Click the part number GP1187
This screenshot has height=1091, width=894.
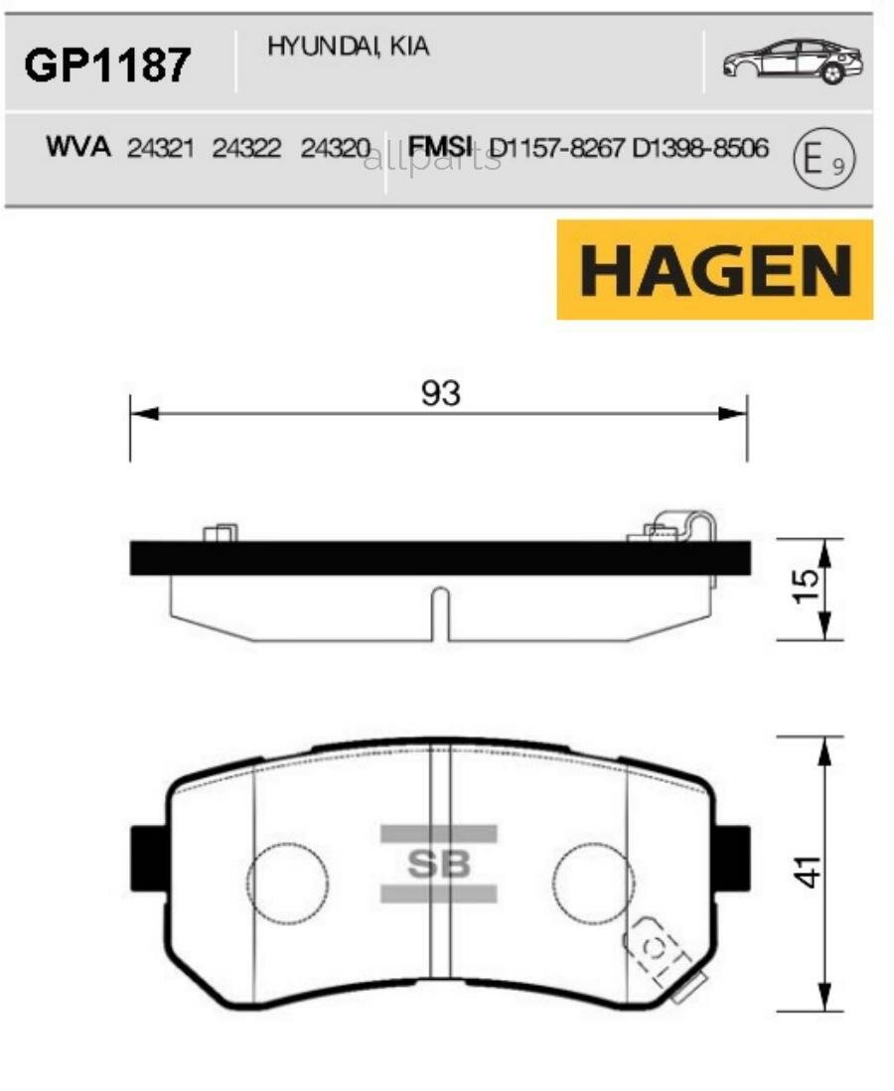[106, 66]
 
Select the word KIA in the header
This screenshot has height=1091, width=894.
[409, 48]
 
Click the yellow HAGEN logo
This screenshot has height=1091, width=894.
[714, 270]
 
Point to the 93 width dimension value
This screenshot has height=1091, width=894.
[440, 394]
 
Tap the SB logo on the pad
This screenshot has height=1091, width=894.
[438, 865]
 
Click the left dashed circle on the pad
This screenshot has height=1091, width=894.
[287, 882]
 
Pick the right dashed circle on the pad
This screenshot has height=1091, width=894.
[592, 882]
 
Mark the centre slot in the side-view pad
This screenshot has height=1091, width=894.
[438, 614]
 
